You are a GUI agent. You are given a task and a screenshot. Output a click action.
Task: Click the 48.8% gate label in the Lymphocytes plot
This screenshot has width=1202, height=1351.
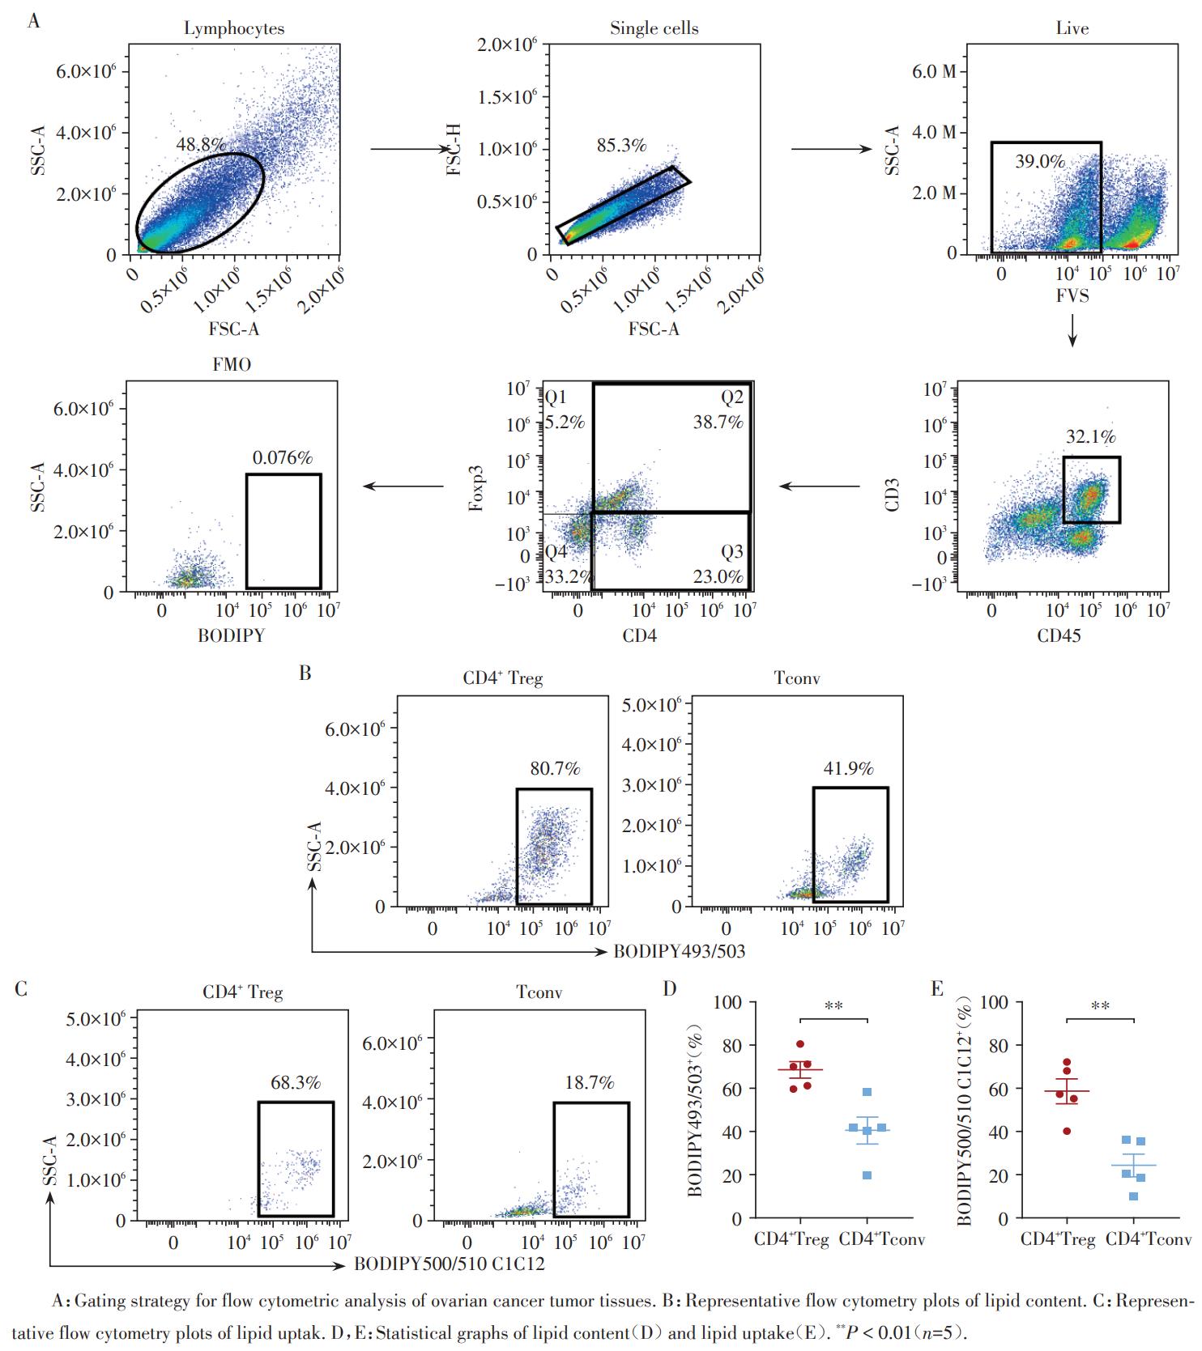pos(200,144)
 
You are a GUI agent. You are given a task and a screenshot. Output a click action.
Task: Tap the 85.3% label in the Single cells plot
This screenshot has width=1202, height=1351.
pos(621,146)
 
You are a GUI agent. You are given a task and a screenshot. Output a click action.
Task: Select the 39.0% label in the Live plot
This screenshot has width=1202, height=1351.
pos(1040,162)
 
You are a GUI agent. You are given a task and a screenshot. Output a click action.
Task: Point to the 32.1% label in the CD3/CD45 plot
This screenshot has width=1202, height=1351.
pos(1090,437)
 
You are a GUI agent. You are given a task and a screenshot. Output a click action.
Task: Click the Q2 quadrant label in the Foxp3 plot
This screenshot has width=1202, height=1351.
pos(732,397)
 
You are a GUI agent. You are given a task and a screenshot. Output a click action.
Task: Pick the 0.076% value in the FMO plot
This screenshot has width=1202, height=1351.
pos(282,458)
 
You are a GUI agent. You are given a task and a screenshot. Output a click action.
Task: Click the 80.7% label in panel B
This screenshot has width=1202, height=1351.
pos(555,769)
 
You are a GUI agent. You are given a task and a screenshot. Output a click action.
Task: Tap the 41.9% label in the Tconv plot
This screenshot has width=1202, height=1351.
pos(848,769)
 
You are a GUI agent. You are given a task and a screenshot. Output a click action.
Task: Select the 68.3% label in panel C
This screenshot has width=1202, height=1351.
pos(295,1082)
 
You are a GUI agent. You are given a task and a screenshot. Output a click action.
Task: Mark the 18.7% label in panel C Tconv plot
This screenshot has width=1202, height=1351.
pos(589,1082)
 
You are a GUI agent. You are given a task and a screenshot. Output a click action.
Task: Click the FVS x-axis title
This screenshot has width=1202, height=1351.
pos(1072,295)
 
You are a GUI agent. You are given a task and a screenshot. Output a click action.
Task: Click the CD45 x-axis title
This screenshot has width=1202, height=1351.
pos(1059,636)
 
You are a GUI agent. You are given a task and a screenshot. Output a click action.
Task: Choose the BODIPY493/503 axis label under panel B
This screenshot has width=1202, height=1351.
pos(679,952)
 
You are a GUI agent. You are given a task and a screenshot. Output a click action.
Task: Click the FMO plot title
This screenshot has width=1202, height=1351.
pos(232,364)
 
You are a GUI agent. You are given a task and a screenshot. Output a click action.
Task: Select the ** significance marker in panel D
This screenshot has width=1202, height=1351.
pos(833,1007)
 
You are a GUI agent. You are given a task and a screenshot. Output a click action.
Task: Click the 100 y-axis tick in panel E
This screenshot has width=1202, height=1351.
pos(995,1003)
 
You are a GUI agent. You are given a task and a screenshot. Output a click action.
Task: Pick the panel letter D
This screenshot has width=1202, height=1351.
pos(670,989)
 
